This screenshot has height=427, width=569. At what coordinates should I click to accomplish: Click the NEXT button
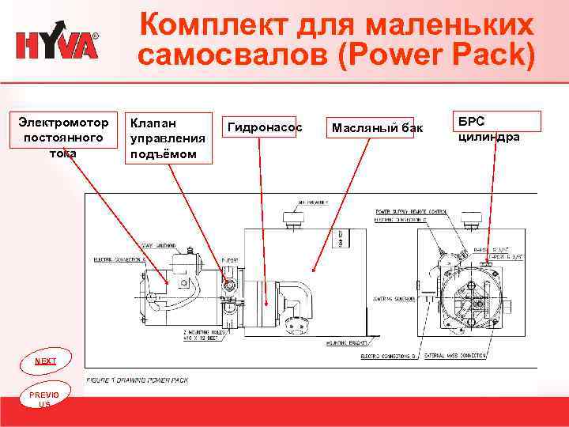tap(45, 361)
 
